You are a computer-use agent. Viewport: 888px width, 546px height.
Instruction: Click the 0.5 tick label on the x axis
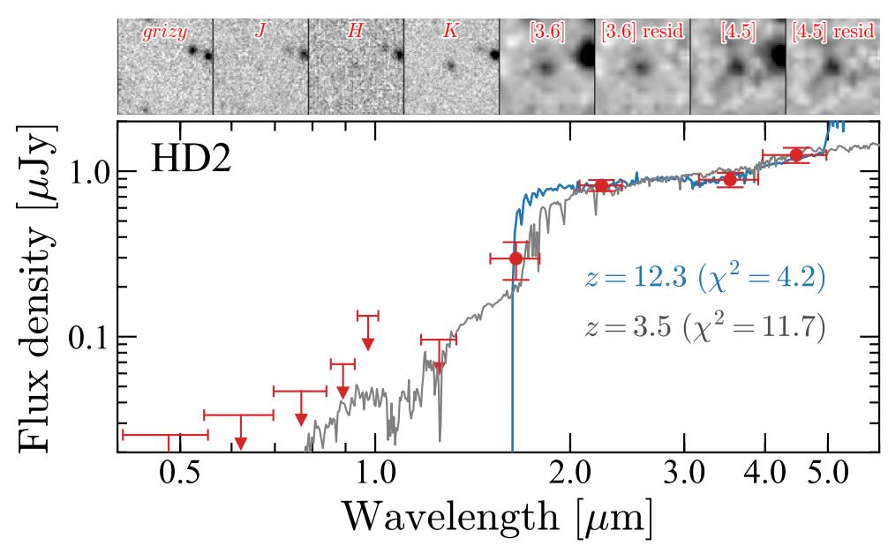(x=178, y=477)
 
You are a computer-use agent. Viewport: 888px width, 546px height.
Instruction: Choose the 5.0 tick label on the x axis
(x=827, y=477)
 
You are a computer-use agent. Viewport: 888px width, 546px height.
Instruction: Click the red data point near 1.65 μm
(x=515, y=258)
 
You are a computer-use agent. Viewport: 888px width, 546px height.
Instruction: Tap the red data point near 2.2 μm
(x=601, y=185)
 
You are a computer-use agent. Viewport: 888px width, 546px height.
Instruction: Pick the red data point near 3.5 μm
(x=729, y=180)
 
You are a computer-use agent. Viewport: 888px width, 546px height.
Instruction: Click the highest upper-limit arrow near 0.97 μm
(x=367, y=342)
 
